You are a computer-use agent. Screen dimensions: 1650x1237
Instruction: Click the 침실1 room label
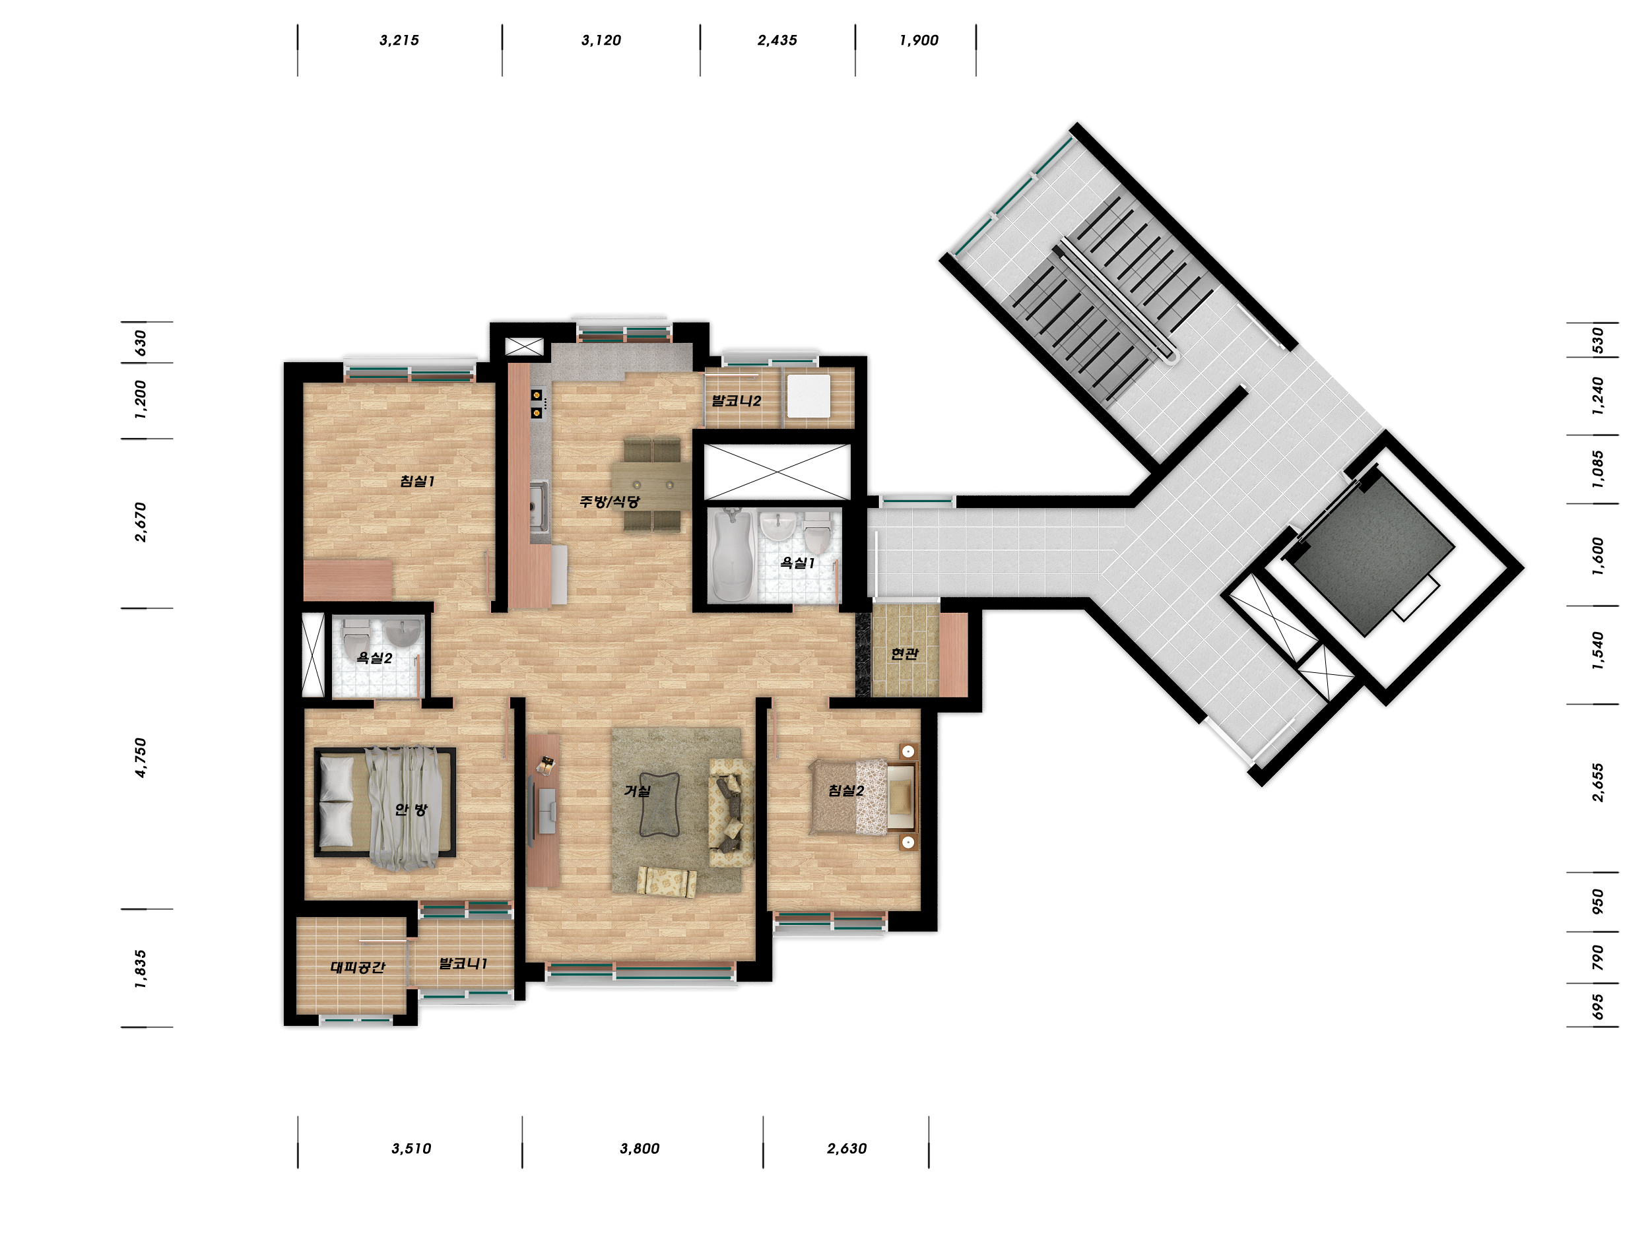(417, 482)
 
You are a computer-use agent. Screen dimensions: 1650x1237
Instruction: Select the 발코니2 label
(737, 401)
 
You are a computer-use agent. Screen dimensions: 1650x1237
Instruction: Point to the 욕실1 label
(797, 563)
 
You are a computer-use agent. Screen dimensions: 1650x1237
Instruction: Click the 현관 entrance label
(905, 654)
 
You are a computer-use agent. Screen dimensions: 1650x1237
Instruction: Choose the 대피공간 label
(358, 967)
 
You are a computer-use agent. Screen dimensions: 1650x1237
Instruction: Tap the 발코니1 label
(463, 963)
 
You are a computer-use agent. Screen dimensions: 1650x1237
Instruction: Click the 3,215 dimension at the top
(399, 40)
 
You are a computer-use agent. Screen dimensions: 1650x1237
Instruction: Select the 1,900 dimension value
(919, 40)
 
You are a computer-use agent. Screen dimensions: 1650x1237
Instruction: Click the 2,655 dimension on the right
(1598, 783)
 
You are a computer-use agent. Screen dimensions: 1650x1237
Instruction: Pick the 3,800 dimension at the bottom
(640, 1149)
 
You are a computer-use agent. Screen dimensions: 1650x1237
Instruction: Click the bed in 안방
(385, 802)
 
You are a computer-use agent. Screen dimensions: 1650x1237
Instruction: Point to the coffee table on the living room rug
(659, 804)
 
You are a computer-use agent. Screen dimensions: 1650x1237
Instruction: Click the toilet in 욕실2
(355, 636)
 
